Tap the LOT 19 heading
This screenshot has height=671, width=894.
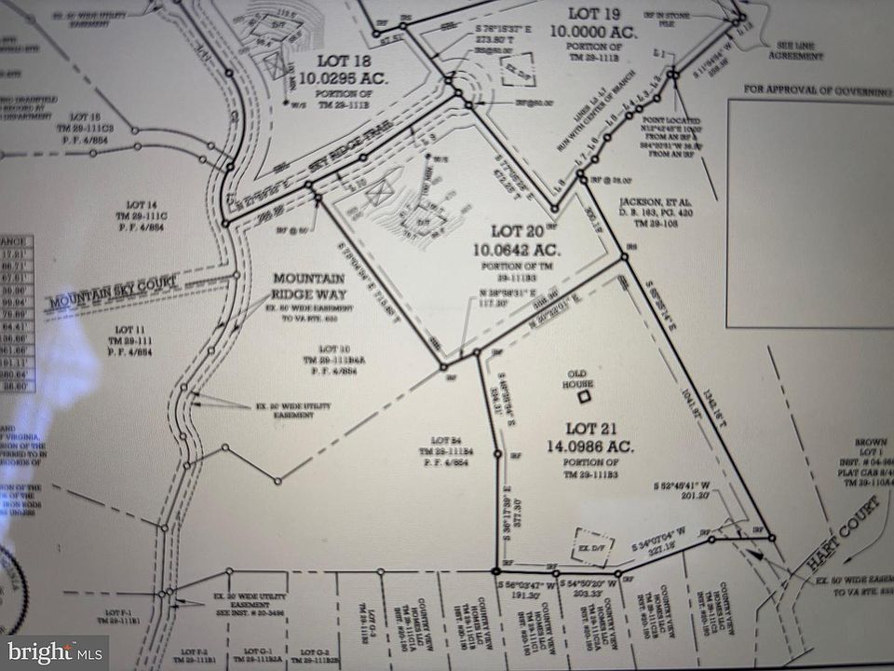(x=593, y=12)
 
